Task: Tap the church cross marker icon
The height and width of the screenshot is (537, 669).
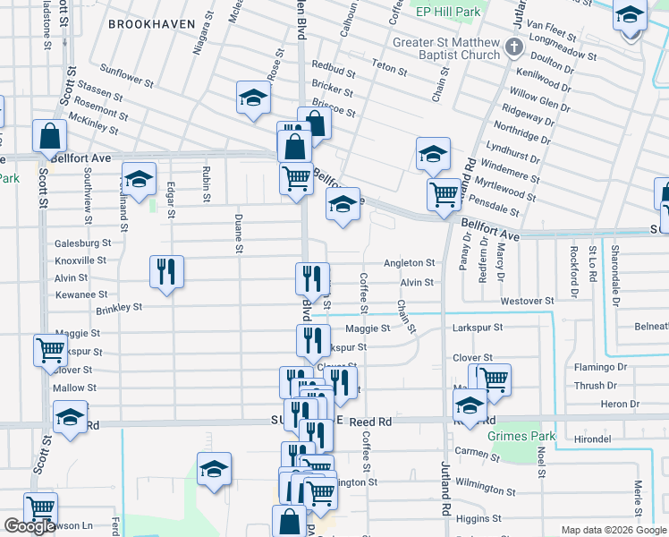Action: click(x=515, y=47)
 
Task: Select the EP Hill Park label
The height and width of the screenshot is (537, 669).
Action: click(x=448, y=12)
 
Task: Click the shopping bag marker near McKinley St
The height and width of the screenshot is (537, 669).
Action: click(x=49, y=137)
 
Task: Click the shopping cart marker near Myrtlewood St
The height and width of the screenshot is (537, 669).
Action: click(x=444, y=193)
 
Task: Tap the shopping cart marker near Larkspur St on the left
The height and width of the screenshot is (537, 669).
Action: click(x=50, y=350)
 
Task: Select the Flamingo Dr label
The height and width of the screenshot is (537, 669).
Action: click(x=601, y=367)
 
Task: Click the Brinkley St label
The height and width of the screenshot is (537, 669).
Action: click(x=119, y=308)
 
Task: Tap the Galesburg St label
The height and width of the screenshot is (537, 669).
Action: click(x=82, y=243)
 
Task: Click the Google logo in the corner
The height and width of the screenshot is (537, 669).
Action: click(x=30, y=527)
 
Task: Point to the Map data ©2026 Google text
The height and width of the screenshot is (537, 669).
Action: click(x=613, y=530)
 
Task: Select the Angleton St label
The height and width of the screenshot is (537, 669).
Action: click(x=409, y=263)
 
